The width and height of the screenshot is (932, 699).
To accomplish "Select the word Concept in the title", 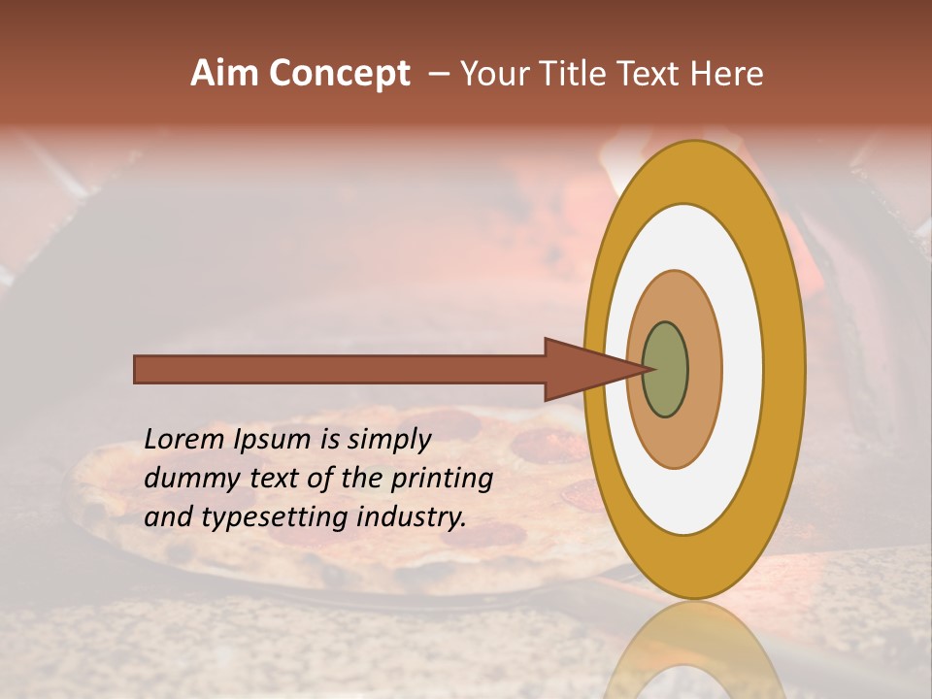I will (340, 74).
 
